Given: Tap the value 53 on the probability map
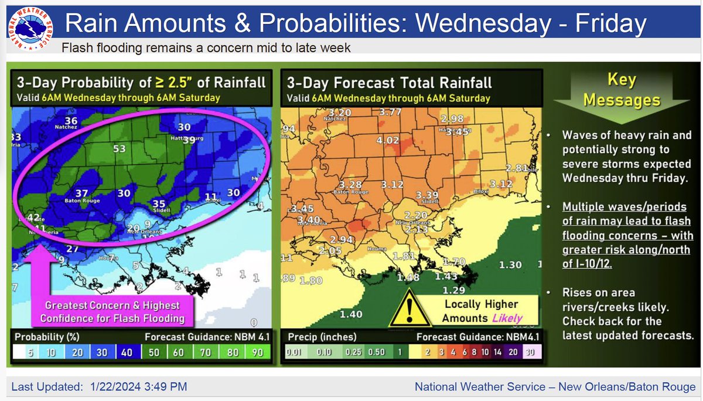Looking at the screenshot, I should click(x=120, y=149).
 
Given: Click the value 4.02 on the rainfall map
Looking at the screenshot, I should click(x=387, y=141).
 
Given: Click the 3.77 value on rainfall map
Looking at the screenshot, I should click(x=390, y=112).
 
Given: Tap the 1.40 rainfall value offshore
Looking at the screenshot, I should click(x=350, y=315).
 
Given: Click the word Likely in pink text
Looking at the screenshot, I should click(x=507, y=318).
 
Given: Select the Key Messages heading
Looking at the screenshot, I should click(x=622, y=91).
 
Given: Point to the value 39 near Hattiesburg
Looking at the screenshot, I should click(x=189, y=140).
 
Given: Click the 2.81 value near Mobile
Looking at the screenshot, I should click(x=517, y=168).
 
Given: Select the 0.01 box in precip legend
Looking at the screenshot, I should click(x=294, y=352).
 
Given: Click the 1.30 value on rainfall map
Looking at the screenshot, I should click(x=510, y=265).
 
